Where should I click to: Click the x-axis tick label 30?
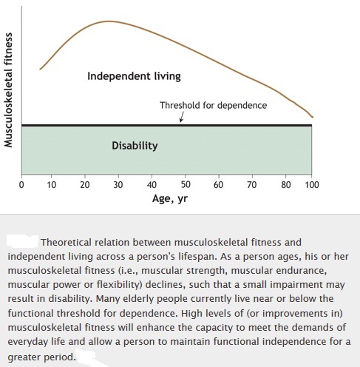tap(118, 185)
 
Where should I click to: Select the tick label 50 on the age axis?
tap(186, 185)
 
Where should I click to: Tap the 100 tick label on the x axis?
tap(312, 185)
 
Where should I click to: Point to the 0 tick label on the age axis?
tap(21, 185)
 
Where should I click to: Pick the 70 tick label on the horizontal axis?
tap(252, 185)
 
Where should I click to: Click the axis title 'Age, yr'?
tap(170, 198)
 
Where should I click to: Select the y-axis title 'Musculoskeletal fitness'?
tap(8, 90)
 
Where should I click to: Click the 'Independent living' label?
tap(134, 76)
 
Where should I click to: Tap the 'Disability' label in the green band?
tap(135, 146)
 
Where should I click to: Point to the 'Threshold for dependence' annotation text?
tap(214, 105)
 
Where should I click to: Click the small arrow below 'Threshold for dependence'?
tap(182, 117)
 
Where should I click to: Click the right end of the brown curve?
tap(313, 117)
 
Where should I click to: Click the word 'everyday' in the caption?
tap(24, 342)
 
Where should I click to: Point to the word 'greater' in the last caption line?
tap(24, 357)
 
